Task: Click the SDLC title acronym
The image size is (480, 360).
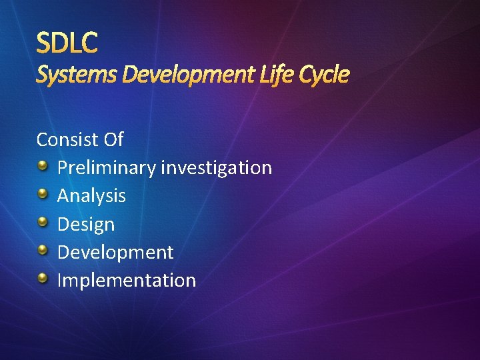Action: pos(67,43)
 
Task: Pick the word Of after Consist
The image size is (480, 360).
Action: pos(113,139)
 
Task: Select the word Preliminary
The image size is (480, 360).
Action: pos(107,167)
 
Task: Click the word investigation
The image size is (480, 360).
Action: pos(217,167)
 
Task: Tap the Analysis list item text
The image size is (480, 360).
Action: pos(91,195)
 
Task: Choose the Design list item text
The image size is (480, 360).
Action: pos(86,224)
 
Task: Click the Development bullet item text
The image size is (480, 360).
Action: pos(115,252)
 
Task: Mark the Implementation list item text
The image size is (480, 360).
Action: pos(127,280)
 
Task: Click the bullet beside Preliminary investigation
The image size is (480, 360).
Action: pos(43,165)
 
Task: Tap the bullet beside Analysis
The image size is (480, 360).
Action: pos(43,193)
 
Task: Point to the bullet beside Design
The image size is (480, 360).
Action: pos(43,222)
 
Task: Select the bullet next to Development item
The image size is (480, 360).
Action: pos(43,250)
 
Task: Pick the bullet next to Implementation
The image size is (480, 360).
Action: pos(43,278)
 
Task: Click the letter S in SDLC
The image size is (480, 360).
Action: pos(44,43)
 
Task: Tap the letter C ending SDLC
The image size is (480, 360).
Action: pos(90,43)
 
